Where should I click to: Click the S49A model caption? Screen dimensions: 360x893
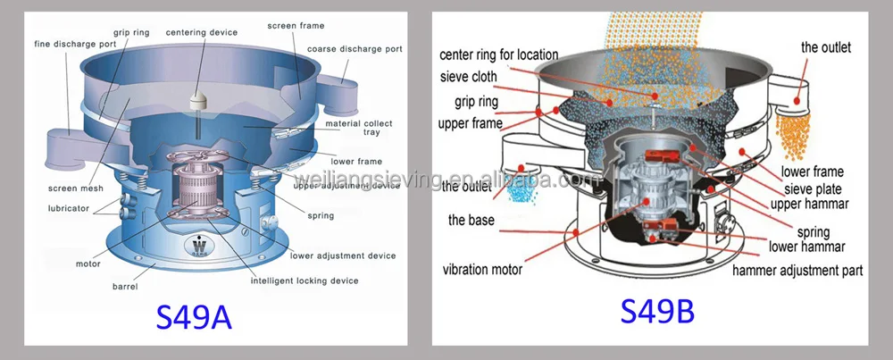coord(194,316)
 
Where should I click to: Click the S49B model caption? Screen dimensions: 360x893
coord(657,313)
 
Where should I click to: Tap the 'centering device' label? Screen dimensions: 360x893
coord(201,32)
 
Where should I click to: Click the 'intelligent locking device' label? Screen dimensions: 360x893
coord(305,280)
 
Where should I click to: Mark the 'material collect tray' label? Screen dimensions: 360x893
coord(359,129)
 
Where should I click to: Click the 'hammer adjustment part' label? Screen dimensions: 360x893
coord(797,269)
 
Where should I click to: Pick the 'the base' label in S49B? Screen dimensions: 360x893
coord(471,220)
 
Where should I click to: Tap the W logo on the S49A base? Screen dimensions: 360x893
coord(196,244)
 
